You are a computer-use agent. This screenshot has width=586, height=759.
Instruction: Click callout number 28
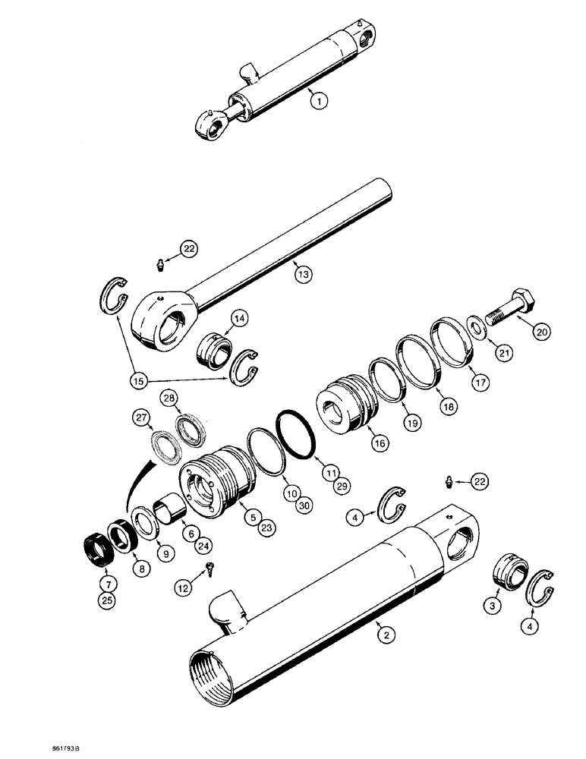(169, 397)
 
